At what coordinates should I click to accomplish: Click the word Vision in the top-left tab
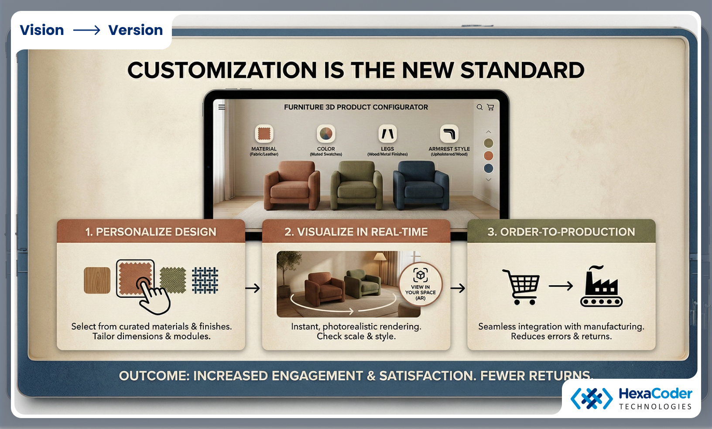(x=42, y=30)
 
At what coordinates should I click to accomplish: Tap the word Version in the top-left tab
(x=135, y=30)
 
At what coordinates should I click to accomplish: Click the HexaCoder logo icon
(x=592, y=398)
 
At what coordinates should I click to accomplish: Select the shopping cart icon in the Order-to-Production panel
(x=521, y=287)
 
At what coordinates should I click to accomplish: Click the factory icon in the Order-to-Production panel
(x=601, y=287)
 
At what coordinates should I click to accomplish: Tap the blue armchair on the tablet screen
(x=421, y=185)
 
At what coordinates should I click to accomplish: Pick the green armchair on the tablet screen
(x=356, y=185)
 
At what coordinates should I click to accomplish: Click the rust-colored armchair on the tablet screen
(x=292, y=185)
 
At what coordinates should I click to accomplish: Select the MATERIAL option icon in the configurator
(x=264, y=134)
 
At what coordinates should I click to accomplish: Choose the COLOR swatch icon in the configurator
(x=326, y=134)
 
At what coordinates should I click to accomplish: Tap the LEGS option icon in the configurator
(x=387, y=134)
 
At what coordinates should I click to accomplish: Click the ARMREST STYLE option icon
(x=449, y=134)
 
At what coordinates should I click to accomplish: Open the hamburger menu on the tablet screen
(x=222, y=107)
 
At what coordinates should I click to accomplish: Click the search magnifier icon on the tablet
(x=479, y=107)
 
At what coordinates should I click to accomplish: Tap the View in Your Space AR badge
(x=420, y=284)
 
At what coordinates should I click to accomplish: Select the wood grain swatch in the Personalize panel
(x=97, y=280)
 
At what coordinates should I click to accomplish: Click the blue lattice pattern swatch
(x=205, y=280)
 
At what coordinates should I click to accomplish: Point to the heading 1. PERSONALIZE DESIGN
(x=151, y=232)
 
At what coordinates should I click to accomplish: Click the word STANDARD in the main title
(x=522, y=70)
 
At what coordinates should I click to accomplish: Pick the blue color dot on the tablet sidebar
(x=489, y=168)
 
